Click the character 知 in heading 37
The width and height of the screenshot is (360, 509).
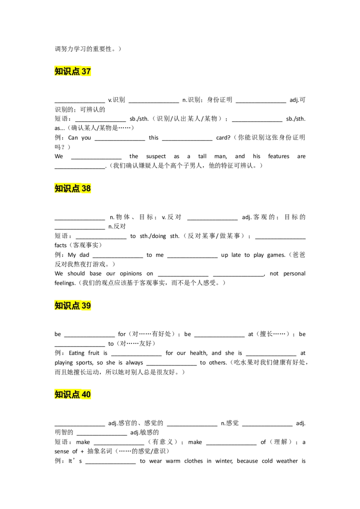[x=59, y=71]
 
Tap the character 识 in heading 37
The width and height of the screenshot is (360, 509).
[x=67, y=71]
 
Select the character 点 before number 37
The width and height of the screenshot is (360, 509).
[x=76, y=71]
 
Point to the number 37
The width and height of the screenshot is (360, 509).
[x=86, y=71]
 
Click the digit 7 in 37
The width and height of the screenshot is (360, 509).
[x=89, y=71]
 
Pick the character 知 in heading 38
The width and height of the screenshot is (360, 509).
[x=59, y=188]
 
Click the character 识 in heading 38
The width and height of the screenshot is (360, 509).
[x=67, y=188]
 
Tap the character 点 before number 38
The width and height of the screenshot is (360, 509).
[x=76, y=188]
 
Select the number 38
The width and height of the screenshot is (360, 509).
[x=86, y=188]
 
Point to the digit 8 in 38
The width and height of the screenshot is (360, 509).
[x=89, y=188]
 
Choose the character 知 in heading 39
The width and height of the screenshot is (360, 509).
[x=59, y=306]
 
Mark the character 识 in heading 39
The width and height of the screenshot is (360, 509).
[x=67, y=306]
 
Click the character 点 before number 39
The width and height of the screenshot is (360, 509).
[x=76, y=306]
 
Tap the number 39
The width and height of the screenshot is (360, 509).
[x=86, y=306]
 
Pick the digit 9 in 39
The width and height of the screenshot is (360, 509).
[x=89, y=306]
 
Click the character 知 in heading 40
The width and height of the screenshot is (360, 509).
[x=59, y=395]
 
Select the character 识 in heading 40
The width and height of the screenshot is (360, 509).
[x=67, y=395]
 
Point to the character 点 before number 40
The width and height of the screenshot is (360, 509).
[x=76, y=395]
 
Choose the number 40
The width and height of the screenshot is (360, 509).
[x=86, y=395]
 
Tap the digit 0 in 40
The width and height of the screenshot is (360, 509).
[x=89, y=395]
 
